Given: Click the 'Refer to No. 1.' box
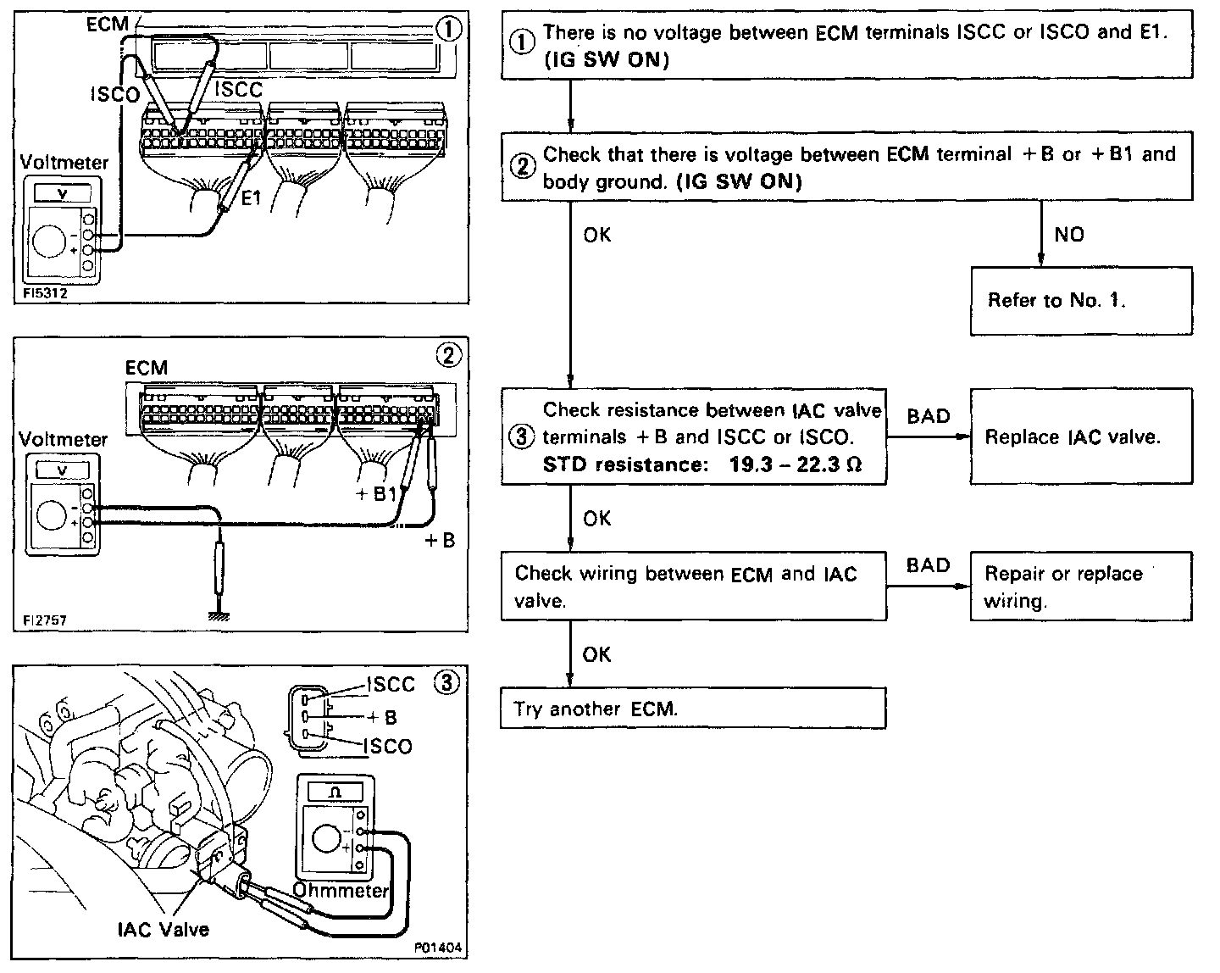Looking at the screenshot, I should tap(1080, 300).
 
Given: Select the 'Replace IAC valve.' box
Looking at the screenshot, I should tap(1080, 436).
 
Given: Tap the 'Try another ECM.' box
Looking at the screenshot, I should tap(692, 709).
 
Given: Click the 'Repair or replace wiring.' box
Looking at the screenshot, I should tap(1080, 587).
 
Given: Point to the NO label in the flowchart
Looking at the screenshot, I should tap(1069, 234).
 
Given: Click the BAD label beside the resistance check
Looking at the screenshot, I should tap(929, 416).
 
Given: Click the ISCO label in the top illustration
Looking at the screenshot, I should tap(114, 95).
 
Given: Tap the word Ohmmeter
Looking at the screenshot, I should tap(341, 890).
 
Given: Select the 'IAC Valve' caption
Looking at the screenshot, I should tap(163, 929).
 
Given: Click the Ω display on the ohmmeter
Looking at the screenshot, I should tap(335, 791).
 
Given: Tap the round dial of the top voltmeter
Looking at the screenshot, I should tap(50, 242).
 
